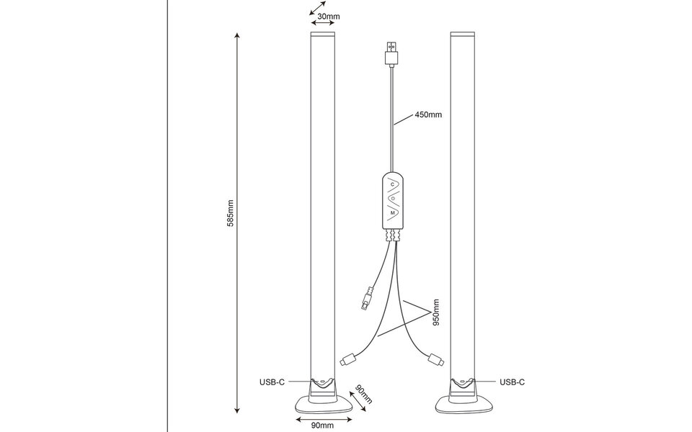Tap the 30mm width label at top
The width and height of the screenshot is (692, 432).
coord(328,17)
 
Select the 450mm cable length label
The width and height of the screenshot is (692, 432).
coord(427,114)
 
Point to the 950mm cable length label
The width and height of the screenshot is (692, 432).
coord(436,310)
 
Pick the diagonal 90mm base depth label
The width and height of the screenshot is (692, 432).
coord(363,394)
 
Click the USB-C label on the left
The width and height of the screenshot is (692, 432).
coord(276,382)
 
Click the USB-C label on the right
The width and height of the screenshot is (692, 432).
coord(512,382)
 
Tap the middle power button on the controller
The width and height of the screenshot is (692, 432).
coord(392,198)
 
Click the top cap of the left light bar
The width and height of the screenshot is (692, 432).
coord(322,35)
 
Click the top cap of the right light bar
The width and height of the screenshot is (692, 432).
coord(462,35)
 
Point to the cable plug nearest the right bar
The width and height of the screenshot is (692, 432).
coord(435,358)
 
